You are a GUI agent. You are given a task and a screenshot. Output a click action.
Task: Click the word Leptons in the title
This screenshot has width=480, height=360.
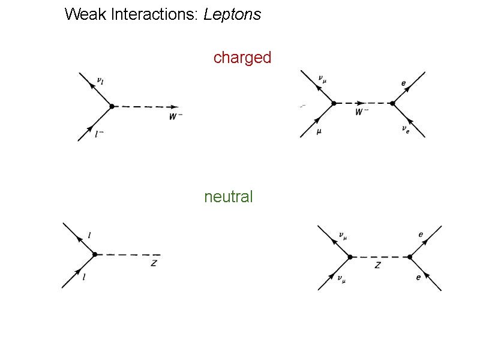pos(232,14)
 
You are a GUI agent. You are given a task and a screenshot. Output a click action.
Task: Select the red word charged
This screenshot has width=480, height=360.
pos(242,58)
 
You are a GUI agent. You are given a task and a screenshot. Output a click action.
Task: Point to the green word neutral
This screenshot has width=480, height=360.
pos(229,197)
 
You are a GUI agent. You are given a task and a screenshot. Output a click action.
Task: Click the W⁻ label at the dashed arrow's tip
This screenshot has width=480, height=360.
pos(175,117)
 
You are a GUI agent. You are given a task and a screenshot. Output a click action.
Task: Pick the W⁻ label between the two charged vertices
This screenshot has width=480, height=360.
pos(362,112)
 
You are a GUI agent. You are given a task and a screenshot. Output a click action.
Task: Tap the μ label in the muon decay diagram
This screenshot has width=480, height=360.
pos(319,132)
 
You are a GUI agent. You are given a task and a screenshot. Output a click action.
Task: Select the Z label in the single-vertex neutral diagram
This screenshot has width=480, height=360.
pos(154,263)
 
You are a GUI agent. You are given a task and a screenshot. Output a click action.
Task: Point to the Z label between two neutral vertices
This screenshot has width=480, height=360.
pos(377,265)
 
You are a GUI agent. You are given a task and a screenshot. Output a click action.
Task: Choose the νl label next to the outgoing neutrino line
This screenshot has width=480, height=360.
pos(100,80)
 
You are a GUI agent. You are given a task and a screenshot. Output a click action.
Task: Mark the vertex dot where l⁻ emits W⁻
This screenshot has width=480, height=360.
pos(112,106)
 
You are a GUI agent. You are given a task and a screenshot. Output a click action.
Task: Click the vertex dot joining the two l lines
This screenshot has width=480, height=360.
pos(95,255)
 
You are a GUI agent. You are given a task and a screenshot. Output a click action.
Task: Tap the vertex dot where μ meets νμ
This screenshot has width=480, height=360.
pos(334,103)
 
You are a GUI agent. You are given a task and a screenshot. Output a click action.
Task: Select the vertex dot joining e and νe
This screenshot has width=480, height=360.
pos(392,103)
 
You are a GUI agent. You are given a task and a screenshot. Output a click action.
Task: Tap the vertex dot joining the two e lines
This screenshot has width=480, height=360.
pos(410,257)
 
